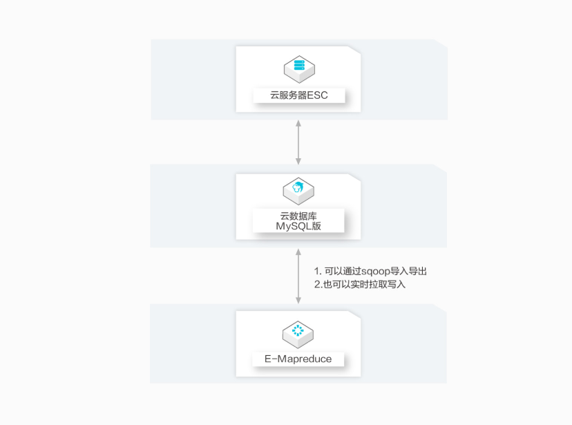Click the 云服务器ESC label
pos(298,95)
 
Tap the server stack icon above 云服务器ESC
pos(300,69)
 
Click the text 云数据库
pos(298,216)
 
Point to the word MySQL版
pos(298,226)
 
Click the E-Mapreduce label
pos(298,359)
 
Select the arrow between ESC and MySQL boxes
pos(298,142)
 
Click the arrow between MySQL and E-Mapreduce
pos(298,276)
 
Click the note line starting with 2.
pos(360,284)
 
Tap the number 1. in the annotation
pos(318,272)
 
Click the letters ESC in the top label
pos(317,95)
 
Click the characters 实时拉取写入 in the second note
pos(378,284)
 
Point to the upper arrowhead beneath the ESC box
pos(298,124)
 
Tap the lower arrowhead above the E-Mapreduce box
pos(298,301)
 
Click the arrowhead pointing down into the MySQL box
pos(298,161)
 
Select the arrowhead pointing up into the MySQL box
pos(298,252)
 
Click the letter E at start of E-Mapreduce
pos(268,359)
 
